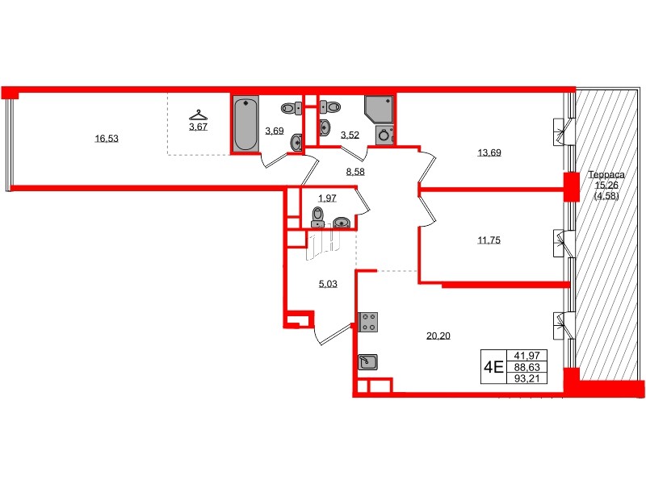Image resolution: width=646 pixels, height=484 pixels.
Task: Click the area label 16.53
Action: pos(107,139)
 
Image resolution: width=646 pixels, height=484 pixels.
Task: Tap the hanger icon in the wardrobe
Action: pos(197,115)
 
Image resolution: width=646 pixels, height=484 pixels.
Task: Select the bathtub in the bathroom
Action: pos(245,124)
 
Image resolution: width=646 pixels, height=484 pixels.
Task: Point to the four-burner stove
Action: pos(369,321)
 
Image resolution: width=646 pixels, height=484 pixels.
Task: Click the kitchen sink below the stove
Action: pos(368,361)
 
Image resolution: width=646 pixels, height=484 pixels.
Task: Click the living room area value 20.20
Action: pos(438,336)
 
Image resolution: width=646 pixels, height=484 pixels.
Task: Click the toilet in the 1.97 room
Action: pos(318,215)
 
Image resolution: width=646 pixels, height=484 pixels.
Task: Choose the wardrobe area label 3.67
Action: pos(198,126)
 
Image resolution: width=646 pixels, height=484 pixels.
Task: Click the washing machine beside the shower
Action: pos(384,135)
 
